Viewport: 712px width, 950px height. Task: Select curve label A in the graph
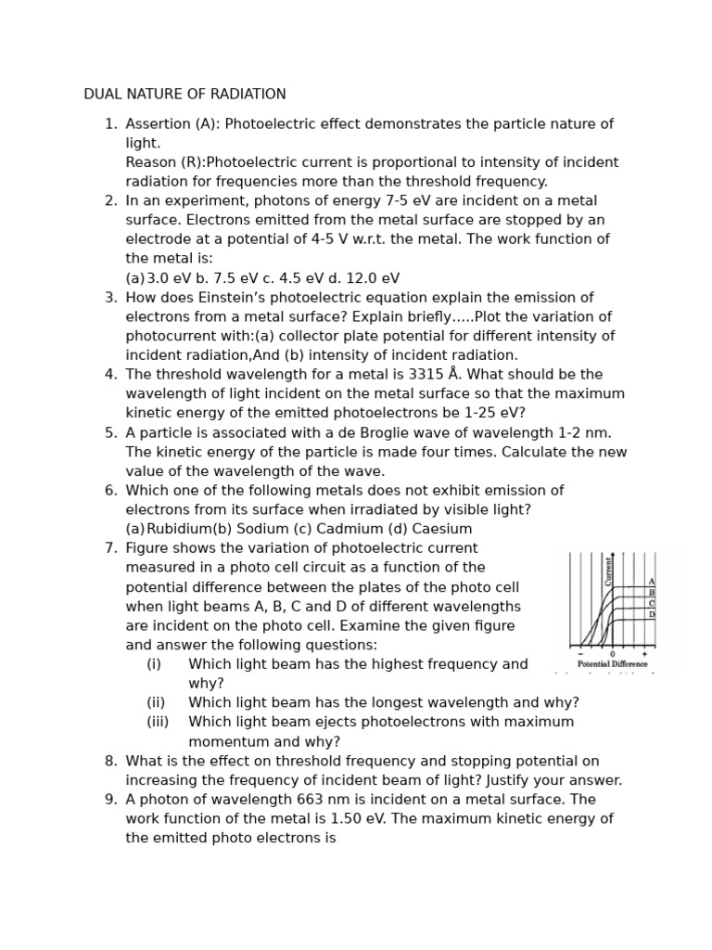pos(652,582)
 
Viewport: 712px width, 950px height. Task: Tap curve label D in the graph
pos(652,614)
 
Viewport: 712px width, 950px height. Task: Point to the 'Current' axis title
pos(609,571)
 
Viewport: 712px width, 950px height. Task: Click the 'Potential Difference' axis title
pos(612,664)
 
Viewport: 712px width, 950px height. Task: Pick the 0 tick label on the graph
pos(612,654)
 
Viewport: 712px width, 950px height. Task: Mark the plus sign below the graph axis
pos(644,654)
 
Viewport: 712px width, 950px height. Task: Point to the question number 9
pos(110,800)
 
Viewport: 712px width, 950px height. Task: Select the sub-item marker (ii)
pos(156,703)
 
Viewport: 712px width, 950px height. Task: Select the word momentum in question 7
pos(226,742)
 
